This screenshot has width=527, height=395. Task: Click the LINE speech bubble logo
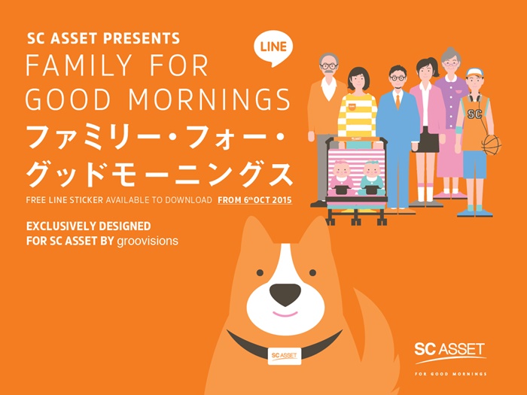click(273, 48)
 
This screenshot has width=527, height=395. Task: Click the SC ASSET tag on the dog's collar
click(285, 356)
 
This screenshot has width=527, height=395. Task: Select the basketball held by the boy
click(492, 144)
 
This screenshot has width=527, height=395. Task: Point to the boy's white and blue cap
click(474, 72)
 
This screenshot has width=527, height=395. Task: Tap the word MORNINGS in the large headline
click(209, 99)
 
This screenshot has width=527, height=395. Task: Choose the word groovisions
click(148, 241)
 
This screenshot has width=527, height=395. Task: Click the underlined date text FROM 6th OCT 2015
click(254, 200)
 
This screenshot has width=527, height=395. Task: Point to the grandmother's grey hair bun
click(450, 51)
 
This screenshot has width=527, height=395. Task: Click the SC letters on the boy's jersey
click(474, 114)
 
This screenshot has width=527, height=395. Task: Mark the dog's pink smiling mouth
click(285, 314)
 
